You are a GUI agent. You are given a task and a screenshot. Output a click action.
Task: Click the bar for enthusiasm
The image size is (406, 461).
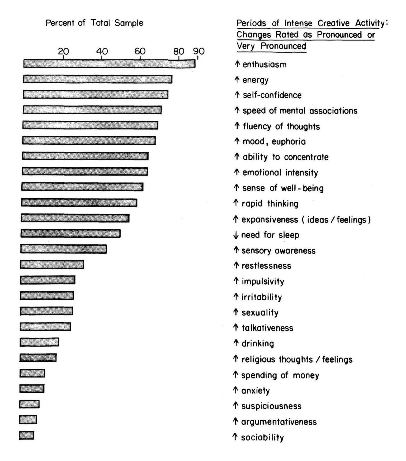109,64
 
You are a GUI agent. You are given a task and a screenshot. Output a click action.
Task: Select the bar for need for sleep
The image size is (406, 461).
70,234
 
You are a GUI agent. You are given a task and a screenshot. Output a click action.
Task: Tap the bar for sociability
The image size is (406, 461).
27,435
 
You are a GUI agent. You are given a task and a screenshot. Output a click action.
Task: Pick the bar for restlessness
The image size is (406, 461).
52,264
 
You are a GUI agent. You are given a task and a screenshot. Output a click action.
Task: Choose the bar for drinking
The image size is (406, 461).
39,342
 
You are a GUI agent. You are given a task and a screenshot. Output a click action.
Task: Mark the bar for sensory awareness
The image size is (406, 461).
64,249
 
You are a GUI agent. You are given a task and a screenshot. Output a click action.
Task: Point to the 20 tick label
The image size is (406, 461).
63,51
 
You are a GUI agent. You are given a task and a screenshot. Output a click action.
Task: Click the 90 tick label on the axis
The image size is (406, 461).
199,51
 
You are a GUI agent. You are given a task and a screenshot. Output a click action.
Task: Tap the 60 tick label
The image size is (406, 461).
140,51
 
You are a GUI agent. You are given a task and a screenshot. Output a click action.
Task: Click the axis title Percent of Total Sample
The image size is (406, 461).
94,23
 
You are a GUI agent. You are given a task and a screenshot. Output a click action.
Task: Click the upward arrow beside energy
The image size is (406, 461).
237,80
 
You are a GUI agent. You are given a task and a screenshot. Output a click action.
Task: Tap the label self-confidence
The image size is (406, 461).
272,95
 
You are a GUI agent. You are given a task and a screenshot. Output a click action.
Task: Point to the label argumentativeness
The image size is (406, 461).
279,422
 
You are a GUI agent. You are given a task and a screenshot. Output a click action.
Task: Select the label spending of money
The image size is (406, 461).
280,375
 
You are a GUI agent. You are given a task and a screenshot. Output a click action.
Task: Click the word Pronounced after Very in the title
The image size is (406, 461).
283,46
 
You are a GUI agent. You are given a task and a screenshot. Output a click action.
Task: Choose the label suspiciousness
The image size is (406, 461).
271,406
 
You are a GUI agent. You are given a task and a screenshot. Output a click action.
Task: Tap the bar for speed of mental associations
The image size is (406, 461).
92,110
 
